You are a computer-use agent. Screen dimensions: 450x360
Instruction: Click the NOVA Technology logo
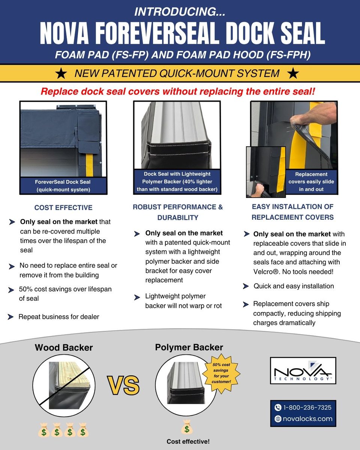(303, 370)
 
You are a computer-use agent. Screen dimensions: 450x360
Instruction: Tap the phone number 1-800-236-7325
(307, 407)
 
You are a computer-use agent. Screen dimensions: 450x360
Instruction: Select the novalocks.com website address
(307, 419)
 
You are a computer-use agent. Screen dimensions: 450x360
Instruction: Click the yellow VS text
(123, 385)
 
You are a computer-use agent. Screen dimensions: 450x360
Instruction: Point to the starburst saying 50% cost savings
(221, 373)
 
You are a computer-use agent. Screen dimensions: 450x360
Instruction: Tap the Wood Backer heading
(64, 347)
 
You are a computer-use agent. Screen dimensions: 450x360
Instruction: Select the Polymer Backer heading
(189, 347)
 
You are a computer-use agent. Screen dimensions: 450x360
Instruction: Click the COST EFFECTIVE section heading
(63, 207)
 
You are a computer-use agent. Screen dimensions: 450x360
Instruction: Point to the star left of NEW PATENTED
(60, 73)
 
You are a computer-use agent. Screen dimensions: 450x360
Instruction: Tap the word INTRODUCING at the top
(180, 12)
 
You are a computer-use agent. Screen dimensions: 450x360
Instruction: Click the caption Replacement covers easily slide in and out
(311, 182)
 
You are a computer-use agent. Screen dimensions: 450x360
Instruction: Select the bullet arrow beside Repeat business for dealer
(11, 317)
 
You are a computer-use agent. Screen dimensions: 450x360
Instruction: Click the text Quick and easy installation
(294, 286)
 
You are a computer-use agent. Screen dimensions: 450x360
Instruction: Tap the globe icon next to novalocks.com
(278, 419)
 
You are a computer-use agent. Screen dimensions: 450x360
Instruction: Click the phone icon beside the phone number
(278, 407)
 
